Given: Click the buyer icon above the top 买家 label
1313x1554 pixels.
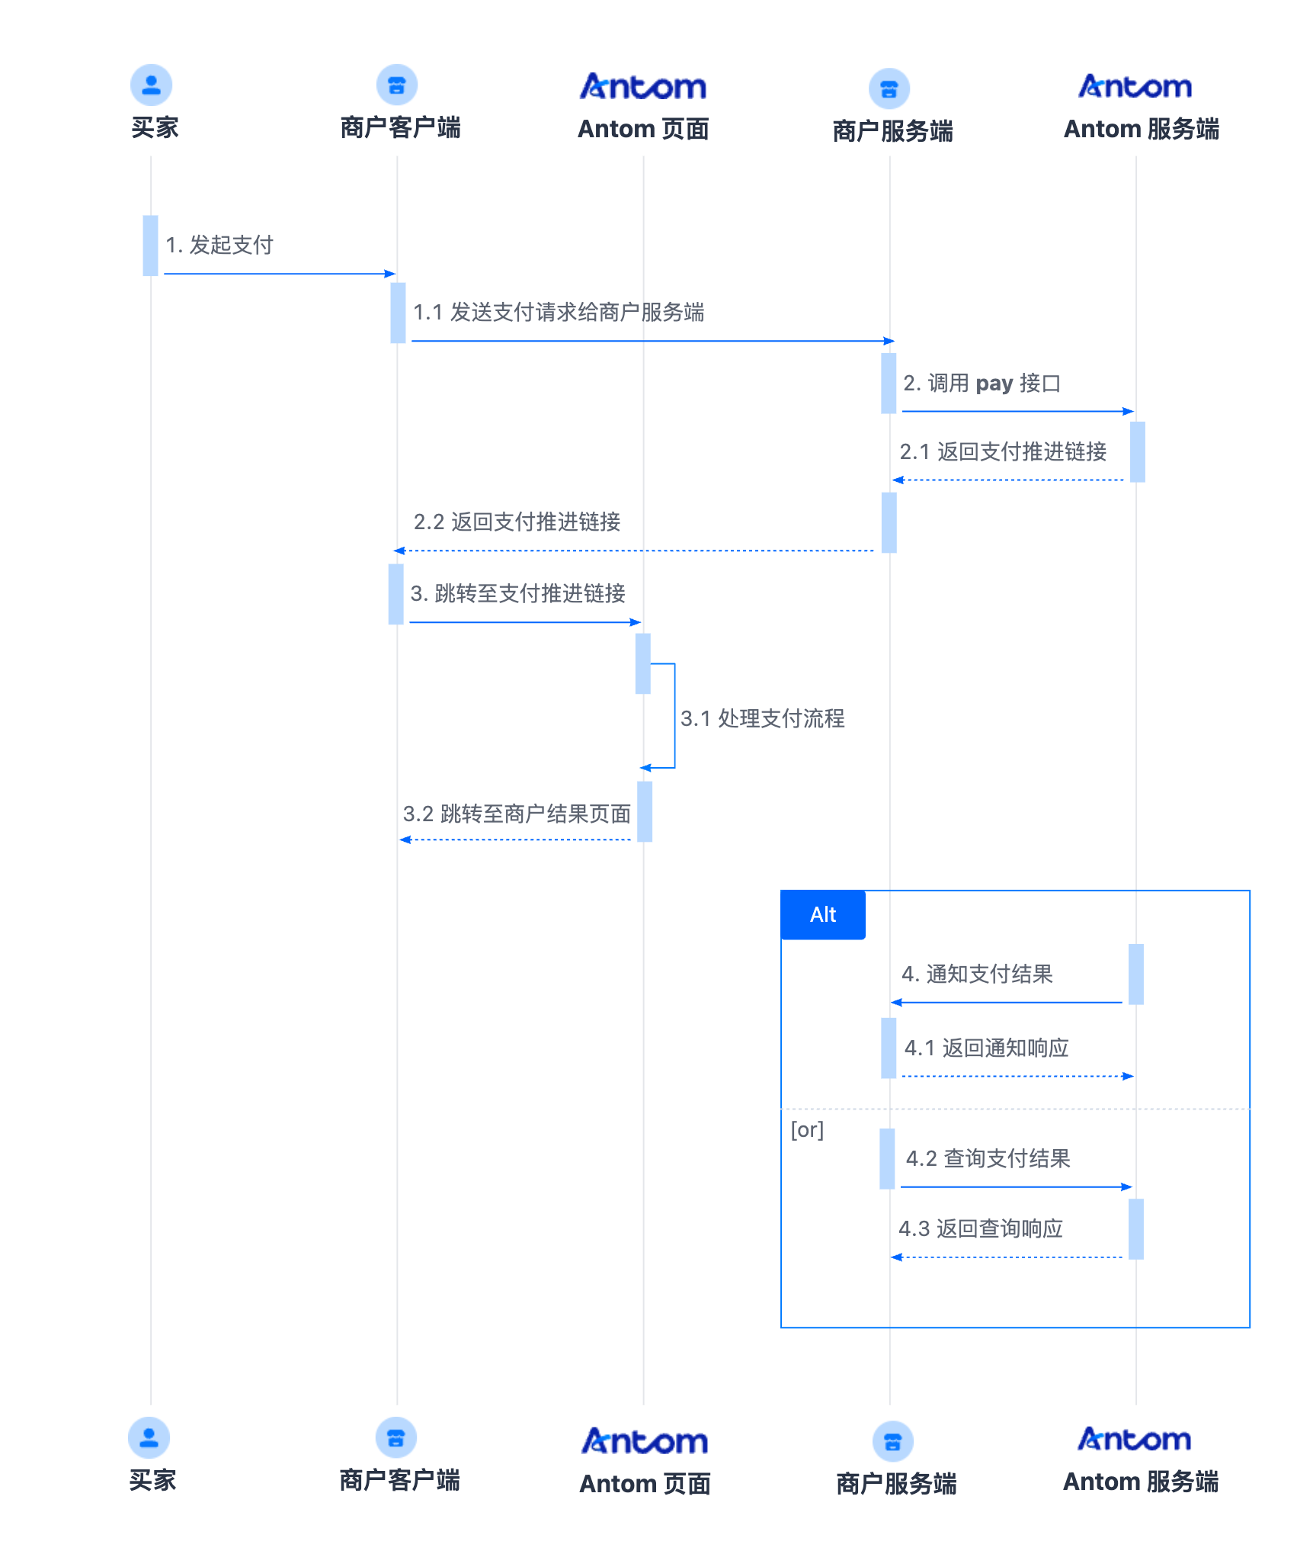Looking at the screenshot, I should (151, 85).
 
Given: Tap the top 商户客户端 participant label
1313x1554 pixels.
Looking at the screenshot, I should (400, 127).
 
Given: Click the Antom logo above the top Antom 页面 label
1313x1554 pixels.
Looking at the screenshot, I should (643, 87).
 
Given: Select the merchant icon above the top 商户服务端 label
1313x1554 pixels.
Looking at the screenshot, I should (889, 88).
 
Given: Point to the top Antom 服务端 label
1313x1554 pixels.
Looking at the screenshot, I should (1141, 129).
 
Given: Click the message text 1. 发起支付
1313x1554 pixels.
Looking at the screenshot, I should (219, 245).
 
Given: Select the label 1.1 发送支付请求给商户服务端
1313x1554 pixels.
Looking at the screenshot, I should (559, 312).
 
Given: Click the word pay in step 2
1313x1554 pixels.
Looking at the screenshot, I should (994, 383).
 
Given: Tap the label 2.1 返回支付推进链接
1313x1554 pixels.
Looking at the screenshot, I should (1003, 451).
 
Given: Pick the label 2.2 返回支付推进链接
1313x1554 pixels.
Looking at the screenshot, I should (517, 522).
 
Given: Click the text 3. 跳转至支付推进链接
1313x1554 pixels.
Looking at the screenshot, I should (518, 593).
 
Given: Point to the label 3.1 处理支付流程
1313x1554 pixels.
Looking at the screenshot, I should (762, 718).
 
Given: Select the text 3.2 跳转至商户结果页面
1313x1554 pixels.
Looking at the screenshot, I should (517, 814).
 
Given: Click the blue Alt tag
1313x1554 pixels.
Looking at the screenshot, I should (823, 914).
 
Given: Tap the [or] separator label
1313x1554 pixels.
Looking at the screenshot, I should (807, 1129).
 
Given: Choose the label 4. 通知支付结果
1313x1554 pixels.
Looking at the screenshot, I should (977, 974).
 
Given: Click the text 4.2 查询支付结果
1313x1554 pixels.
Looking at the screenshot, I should (988, 1158).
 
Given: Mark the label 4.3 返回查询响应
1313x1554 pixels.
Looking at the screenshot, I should (980, 1228).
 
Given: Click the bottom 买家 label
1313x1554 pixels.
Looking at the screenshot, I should (152, 1480).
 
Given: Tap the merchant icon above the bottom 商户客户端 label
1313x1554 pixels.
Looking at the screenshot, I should (396, 1438).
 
